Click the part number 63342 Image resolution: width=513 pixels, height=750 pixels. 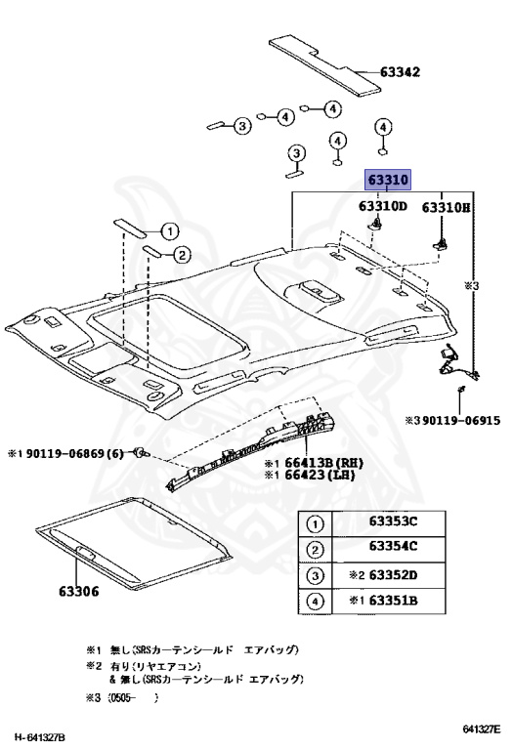(400, 72)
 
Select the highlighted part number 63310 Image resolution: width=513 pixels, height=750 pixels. (388, 180)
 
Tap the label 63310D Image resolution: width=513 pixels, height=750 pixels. (383, 206)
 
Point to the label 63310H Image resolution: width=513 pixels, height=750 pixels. (446, 207)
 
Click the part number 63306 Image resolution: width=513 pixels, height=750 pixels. (79, 591)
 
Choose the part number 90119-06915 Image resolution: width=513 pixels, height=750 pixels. (461, 421)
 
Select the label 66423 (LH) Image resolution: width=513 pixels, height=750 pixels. (320, 475)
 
